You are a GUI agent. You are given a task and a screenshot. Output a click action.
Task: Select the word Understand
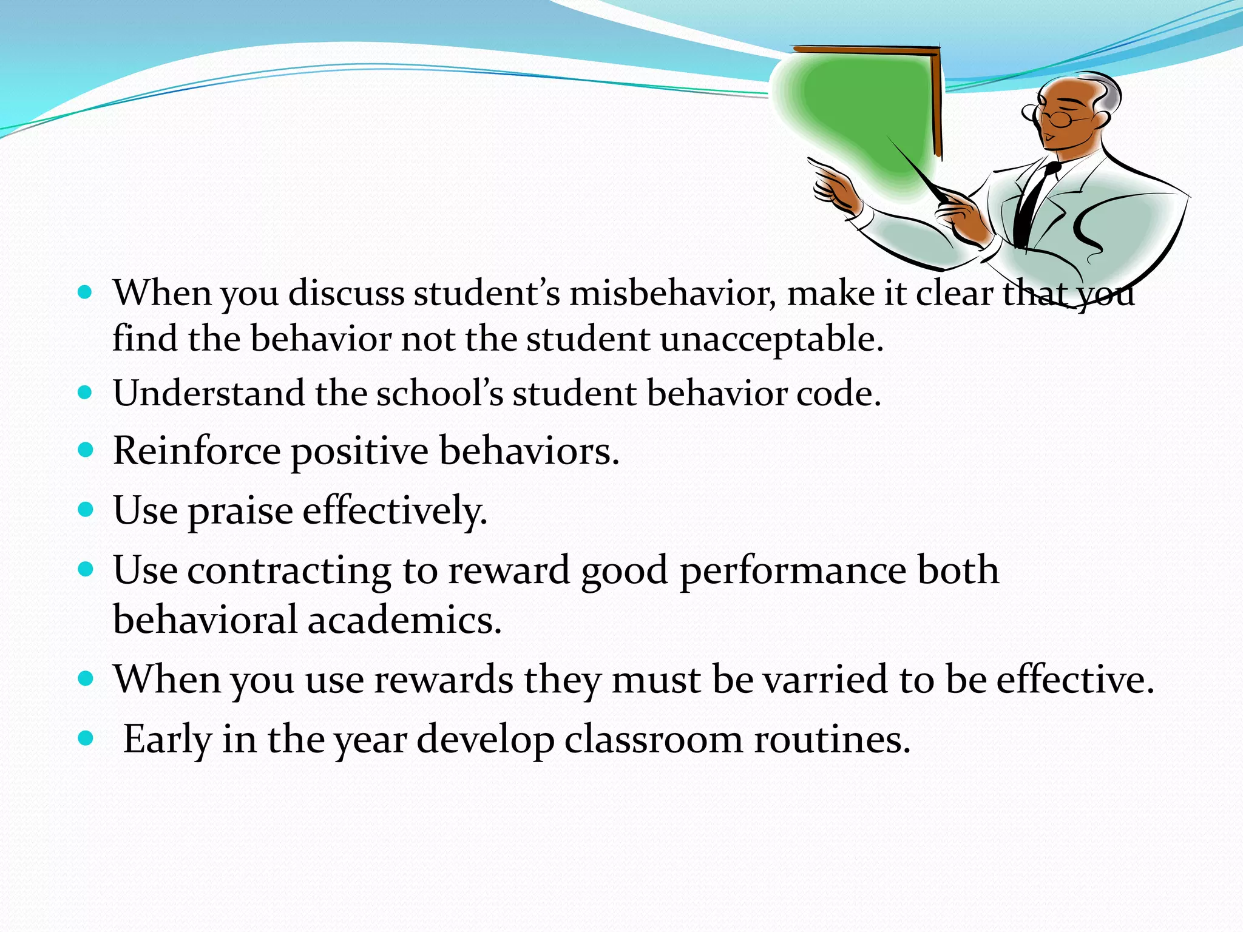[x=208, y=393]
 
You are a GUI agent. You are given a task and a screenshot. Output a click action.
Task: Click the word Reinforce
[x=197, y=451]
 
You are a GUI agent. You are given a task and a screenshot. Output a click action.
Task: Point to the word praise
[x=240, y=511]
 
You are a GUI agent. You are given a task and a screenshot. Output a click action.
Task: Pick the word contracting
[x=289, y=571]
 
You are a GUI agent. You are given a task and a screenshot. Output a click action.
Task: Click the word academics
[x=404, y=620]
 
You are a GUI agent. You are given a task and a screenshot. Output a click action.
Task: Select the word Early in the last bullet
[x=167, y=740]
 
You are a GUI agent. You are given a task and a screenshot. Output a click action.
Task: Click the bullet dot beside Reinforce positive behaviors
[x=86, y=450]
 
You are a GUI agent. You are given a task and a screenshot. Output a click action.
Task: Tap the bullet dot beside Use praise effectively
[x=86, y=508]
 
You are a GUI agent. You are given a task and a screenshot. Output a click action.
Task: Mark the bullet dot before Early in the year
[x=86, y=738]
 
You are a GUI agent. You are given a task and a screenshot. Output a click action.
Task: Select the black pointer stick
[x=916, y=170]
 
